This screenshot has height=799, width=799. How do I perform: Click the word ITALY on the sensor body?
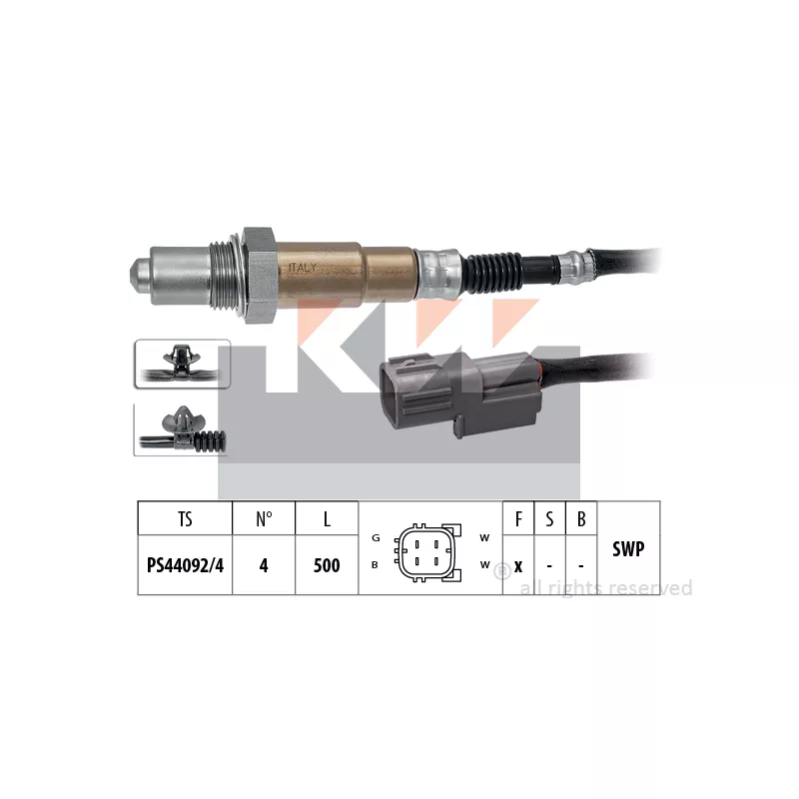click(303, 268)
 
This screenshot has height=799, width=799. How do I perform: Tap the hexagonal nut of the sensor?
click(261, 276)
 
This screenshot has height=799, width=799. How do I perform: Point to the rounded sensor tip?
click(140, 274)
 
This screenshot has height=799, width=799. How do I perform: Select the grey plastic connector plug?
click(458, 395)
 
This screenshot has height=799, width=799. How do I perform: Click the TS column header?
click(185, 518)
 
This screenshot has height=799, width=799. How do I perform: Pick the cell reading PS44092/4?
click(185, 565)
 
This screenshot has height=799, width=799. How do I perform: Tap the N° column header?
click(264, 518)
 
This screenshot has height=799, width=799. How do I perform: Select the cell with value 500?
click(327, 565)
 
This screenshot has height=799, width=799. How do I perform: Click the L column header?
click(327, 518)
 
